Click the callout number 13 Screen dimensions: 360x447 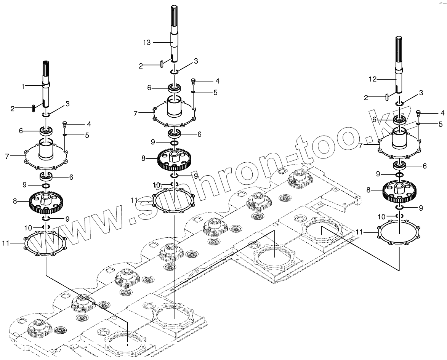click(x=147, y=43)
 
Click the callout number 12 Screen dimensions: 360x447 click(x=373, y=79)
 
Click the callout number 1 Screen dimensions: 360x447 click(x=23, y=86)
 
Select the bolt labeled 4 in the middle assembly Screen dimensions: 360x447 click(x=193, y=81)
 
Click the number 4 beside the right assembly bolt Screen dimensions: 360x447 click(x=442, y=113)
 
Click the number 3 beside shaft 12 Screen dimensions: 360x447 click(x=421, y=93)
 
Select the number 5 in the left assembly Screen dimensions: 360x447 click(x=87, y=135)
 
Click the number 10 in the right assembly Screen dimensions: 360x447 click(x=381, y=217)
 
